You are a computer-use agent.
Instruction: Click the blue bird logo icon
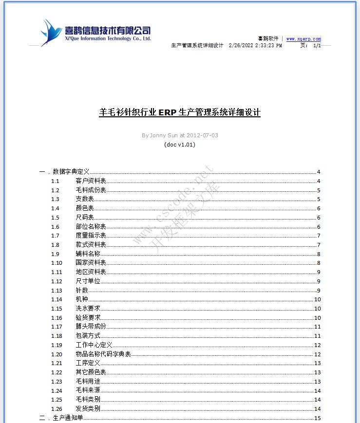point(50,33)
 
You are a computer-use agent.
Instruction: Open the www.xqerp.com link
point(303,39)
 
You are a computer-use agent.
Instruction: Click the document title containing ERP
point(180,112)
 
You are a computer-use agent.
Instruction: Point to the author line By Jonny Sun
point(180,135)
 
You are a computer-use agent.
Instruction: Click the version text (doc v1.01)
point(180,145)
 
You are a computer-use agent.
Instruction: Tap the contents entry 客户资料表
point(91,181)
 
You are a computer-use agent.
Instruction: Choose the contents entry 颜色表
point(85,208)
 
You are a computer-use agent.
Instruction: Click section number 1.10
point(57,263)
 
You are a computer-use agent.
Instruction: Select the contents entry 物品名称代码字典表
point(103,354)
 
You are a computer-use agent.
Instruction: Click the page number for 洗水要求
point(317,309)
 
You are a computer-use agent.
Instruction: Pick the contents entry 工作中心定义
point(94,345)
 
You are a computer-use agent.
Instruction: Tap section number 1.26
point(57,409)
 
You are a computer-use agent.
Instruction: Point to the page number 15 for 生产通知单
point(318,418)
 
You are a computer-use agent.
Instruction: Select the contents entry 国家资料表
point(91,263)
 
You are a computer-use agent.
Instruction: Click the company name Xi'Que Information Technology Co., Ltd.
point(108,38)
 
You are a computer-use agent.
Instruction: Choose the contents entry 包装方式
point(88,336)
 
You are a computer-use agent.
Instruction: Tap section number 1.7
point(55,236)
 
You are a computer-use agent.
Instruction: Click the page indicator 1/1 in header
point(317,45)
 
